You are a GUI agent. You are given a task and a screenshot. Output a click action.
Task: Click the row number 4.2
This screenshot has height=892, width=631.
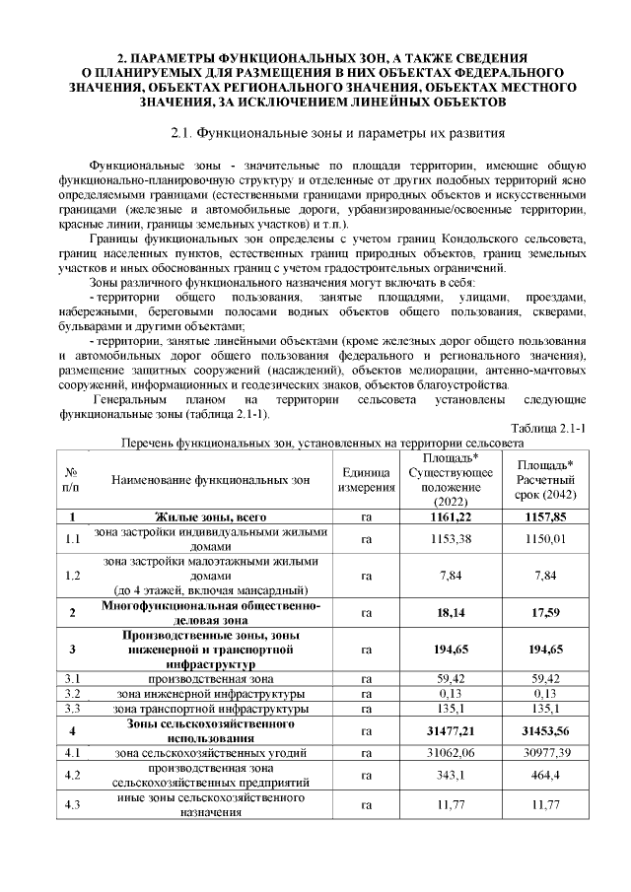71,777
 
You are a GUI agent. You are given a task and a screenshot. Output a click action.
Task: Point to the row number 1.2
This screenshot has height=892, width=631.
71,575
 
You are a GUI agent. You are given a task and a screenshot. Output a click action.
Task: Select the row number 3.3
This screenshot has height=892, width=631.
71,709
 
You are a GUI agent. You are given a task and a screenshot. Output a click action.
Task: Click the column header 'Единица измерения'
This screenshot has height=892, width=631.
366,481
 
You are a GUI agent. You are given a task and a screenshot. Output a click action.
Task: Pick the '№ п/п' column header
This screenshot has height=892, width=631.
71,481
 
